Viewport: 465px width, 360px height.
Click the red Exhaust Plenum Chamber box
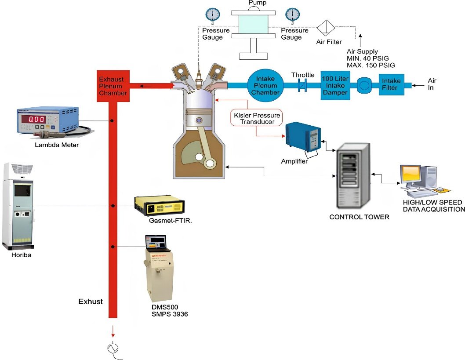(112, 86)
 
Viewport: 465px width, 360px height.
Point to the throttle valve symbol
(303, 85)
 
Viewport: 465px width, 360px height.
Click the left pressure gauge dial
(213, 15)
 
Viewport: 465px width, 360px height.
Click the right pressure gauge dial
(292, 15)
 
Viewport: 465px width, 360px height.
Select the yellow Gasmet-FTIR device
(160, 206)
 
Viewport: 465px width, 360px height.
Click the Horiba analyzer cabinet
(17, 206)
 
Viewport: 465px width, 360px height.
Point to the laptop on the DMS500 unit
(156, 242)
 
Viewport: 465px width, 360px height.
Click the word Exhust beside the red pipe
(91, 302)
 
